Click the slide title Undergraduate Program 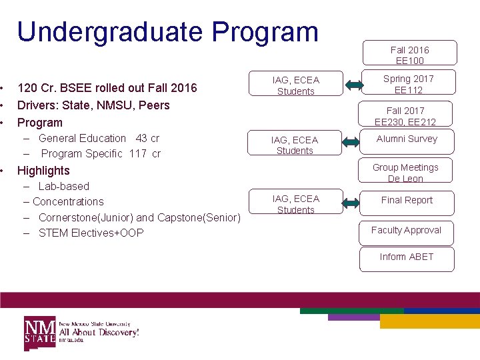click(x=167, y=31)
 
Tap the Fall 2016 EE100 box click(x=409, y=54)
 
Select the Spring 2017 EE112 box click(x=408, y=84)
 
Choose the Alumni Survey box click(x=407, y=140)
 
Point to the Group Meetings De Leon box click(x=405, y=172)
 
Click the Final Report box click(x=407, y=201)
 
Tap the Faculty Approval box click(x=406, y=231)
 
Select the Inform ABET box click(x=407, y=257)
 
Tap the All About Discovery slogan click(x=99, y=331)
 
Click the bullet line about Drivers click(x=93, y=105)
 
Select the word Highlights click(x=43, y=171)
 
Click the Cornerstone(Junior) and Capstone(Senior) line click(x=139, y=217)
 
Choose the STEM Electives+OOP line click(x=91, y=233)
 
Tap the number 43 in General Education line click(x=141, y=139)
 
